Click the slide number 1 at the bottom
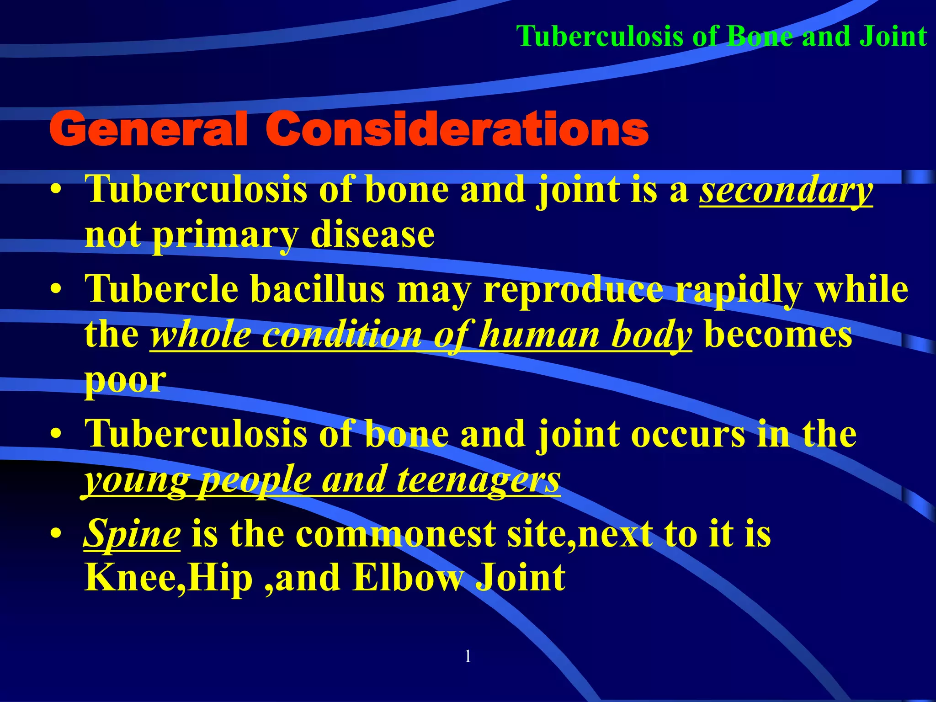(468, 657)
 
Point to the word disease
(372, 235)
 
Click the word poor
(125, 381)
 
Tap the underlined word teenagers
(478, 480)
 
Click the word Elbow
(408, 578)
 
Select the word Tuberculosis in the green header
(600, 36)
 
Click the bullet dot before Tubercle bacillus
(56, 290)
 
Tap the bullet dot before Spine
(56, 534)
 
